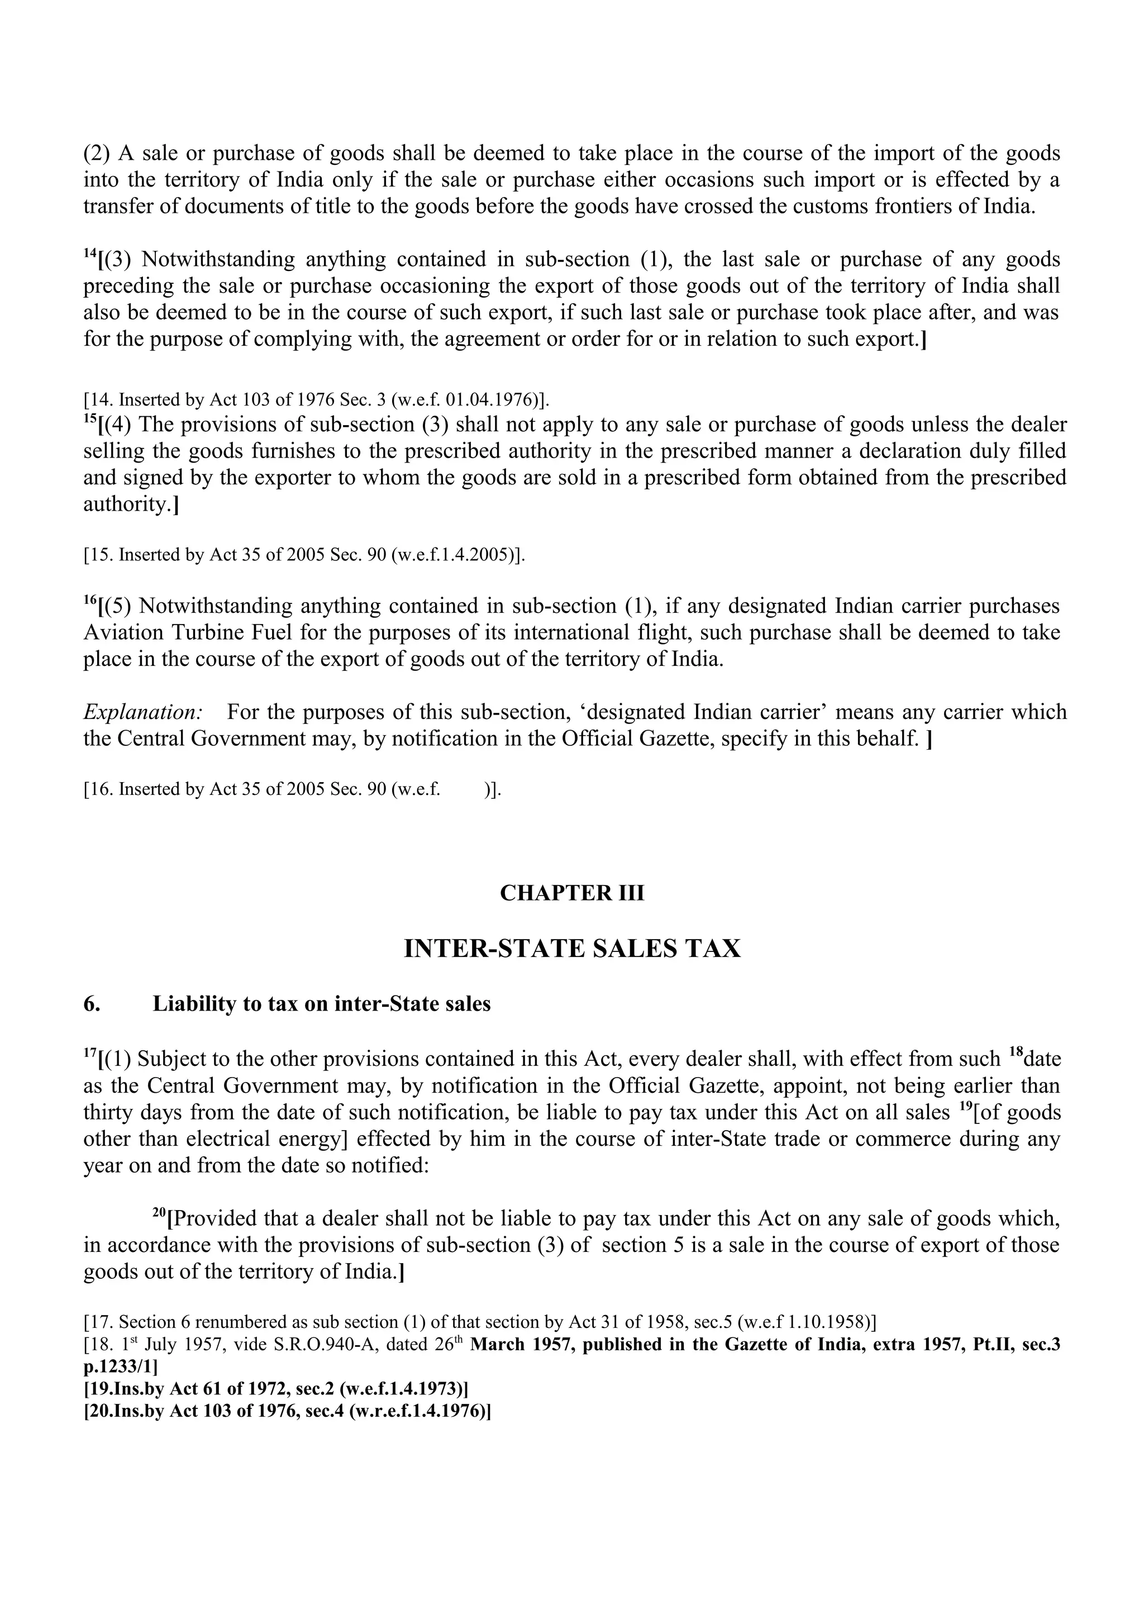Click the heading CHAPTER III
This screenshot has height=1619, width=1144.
point(571,893)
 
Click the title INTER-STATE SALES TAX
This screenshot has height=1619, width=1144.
point(571,949)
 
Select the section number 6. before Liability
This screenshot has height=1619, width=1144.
point(92,1004)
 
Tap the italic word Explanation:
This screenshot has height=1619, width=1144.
point(142,712)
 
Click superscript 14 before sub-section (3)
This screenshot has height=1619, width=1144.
point(89,253)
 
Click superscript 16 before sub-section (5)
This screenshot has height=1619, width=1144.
point(89,599)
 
